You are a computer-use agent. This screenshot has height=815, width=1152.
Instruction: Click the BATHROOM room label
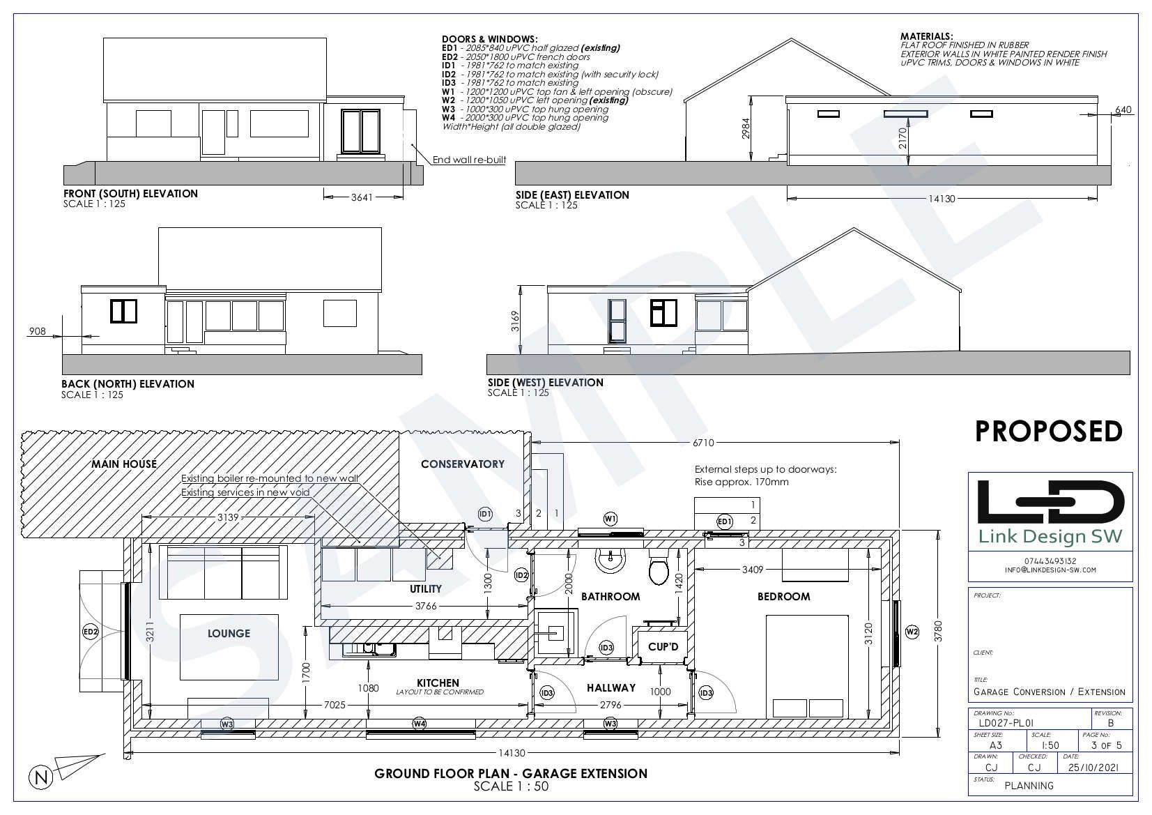tap(610, 596)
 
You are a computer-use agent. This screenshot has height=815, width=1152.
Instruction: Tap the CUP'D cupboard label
tap(663, 647)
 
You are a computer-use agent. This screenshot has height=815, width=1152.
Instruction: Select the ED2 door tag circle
tap(91, 632)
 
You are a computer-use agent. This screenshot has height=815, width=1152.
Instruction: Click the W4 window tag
tap(419, 724)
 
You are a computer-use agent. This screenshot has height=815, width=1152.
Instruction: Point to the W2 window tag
tap(912, 632)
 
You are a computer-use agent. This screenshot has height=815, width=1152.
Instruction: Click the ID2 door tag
tap(521, 575)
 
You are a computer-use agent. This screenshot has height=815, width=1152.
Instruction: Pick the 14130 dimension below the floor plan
tap(512, 753)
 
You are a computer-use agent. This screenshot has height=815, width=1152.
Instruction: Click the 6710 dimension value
tap(703, 443)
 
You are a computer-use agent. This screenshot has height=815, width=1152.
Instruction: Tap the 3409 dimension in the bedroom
tap(753, 570)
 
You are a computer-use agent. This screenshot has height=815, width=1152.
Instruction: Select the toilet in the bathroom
tap(658, 567)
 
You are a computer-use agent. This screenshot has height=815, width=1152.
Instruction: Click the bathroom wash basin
tap(610, 559)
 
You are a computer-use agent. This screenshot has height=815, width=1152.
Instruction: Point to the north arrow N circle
tap(41, 777)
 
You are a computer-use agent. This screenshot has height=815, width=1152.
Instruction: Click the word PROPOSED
tap(1049, 431)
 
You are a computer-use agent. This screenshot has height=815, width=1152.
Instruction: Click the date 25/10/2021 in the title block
tap(1093, 767)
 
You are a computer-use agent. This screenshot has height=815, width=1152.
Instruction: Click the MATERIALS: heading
tap(926, 36)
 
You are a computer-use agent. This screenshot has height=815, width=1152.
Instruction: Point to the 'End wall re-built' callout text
tap(469, 160)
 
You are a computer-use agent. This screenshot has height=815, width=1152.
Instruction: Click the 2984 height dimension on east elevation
tap(746, 129)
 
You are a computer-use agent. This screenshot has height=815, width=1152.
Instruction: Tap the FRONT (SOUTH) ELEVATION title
tap(130, 193)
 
